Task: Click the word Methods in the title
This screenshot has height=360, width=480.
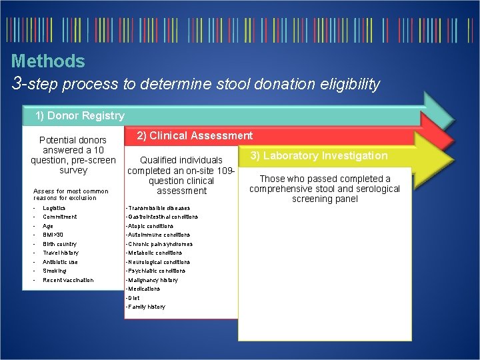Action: pyautogui.click(x=48, y=61)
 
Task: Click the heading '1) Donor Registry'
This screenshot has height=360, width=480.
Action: pyautogui.click(x=80, y=116)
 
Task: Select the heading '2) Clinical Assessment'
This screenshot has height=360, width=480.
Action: pyautogui.click(x=195, y=136)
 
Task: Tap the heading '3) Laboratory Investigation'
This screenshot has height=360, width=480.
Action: pyautogui.click(x=319, y=156)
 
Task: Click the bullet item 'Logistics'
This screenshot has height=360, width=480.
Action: pyautogui.click(x=54, y=208)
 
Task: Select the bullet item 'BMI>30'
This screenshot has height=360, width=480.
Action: pyautogui.click(x=53, y=235)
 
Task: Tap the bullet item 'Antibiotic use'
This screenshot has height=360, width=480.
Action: pyautogui.click(x=60, y=262)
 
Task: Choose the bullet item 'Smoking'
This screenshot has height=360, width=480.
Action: pyautogui.click(x=54, y=271)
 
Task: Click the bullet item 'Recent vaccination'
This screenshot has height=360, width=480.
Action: pyautogui.click(x=68, y=280)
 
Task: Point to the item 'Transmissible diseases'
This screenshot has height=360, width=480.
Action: pyautogui.click(x=159, y=208)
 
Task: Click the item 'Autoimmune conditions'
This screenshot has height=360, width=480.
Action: pyautogui.click(x=159, y=235)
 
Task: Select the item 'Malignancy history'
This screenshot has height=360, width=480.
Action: pyautogui.click(x=153, y=280)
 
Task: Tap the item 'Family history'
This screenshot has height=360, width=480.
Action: pyautogui.click(x=147, y=307)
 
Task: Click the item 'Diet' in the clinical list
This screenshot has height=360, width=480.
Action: pyautogui.click(x=133, y=298)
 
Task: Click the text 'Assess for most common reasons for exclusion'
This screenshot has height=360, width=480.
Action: pyautogui.click(x=71, y=195)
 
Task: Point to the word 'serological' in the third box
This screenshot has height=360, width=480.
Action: pyautogui.click(x=375, y=189)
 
